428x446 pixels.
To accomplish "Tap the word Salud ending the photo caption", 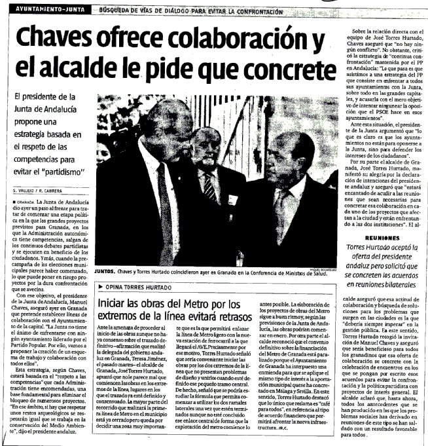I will (x=325, y=277).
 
